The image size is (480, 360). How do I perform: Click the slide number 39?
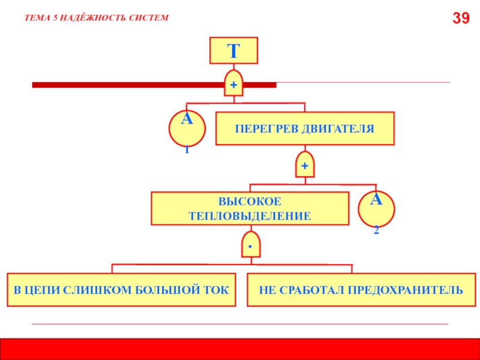pyautogui.click(x=461, y=19)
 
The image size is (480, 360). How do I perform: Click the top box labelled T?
pyautogui.click(x=233, y=50)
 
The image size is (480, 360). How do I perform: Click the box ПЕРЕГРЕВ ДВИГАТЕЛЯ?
pyautogui.click(x=305, y=128)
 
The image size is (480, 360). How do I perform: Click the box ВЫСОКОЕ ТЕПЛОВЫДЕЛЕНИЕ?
pyautogui.click(x=250, y=208)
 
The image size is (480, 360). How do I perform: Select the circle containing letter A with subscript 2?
pyautogui.click(x=376, y=208)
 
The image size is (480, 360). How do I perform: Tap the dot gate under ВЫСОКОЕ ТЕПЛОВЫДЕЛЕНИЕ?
pyautogui.click(x=250, y=245)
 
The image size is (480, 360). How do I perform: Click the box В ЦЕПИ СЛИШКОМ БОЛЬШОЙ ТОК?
pyautogui.click(x=121, y=290)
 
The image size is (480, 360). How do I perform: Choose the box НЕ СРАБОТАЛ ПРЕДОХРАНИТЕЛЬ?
pyautogui.click(x=361, y=290)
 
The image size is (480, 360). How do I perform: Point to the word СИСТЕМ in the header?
pyautogui.click(x=148, y=18)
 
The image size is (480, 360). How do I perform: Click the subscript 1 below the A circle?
pyautogui.click(x=187, y=150)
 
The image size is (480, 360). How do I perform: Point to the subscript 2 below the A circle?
pyautogui.click(x=376, y=230)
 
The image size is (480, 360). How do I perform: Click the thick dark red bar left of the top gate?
pyautogui.click(x=126, y=85)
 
